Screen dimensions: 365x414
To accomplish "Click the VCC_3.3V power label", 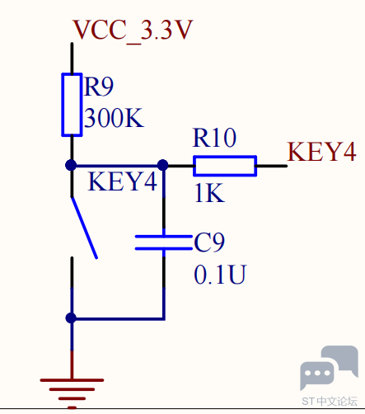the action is (x=133, y=30).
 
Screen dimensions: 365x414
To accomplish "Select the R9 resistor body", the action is (x=72, y=105).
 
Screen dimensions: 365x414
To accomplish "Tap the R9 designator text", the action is (x=99, y=87).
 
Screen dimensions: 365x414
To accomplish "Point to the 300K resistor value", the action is (x=114, y=118).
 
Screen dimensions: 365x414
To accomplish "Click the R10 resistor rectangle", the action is (x=225, y=166).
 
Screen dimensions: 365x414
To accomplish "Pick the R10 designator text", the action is (x=214, y=138).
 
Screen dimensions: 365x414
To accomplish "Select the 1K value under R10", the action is (x=209, y=193).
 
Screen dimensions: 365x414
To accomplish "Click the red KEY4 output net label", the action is (x=321, y=151).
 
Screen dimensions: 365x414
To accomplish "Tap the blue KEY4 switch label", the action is (x=123, y=181).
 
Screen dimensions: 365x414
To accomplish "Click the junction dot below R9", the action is (x=71, y=166).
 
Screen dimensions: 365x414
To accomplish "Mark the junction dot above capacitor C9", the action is (x=163, y=165).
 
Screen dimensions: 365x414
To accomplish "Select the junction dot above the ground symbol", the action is (x=71, y=318).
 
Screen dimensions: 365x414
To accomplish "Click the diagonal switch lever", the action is (x=84, y=228).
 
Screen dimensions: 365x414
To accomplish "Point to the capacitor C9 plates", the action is (x=164, y=242).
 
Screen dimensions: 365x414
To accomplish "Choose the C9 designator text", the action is (x=209, y=242).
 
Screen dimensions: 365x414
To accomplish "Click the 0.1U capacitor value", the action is (x=220, y=275).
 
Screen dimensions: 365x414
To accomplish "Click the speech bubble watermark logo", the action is (x=329, y=368).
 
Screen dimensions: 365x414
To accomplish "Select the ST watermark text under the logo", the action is (x=330, y=402).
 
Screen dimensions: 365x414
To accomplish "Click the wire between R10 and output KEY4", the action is (x=271, y=166).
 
